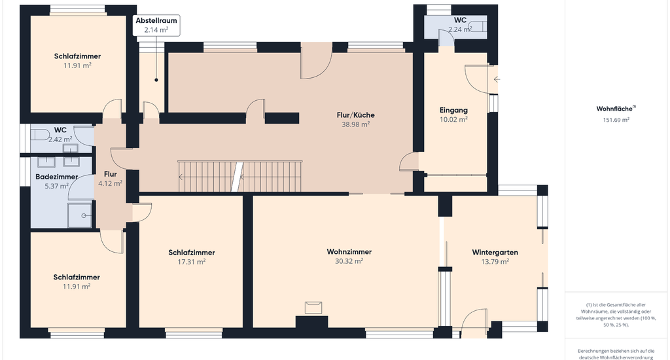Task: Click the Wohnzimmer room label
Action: tap(349, 252)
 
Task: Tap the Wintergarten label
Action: tap(495, 252)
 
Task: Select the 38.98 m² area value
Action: tap(355, 124)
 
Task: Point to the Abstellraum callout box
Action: tap(156, 26)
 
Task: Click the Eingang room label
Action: tap(453, 111)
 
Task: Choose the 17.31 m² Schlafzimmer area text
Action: tap(192, 262)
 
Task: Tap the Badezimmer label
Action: tap(57, 177)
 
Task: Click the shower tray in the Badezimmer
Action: tap(80, 216)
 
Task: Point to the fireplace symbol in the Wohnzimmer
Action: tap(313, 308)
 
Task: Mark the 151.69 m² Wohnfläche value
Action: tap(616, 120)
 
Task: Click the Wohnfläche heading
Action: tap(616, 109)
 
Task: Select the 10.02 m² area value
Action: tap(453, 120)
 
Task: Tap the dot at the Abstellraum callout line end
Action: tap(156, 80)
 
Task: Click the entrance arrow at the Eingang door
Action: tap(497, 79)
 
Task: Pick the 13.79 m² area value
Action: tap(495, 262)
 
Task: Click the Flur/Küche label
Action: tap(355, 115)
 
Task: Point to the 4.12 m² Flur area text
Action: tap(110, 183)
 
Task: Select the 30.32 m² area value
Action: tap(349, 261)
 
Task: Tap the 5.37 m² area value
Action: tap(57, 186)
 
